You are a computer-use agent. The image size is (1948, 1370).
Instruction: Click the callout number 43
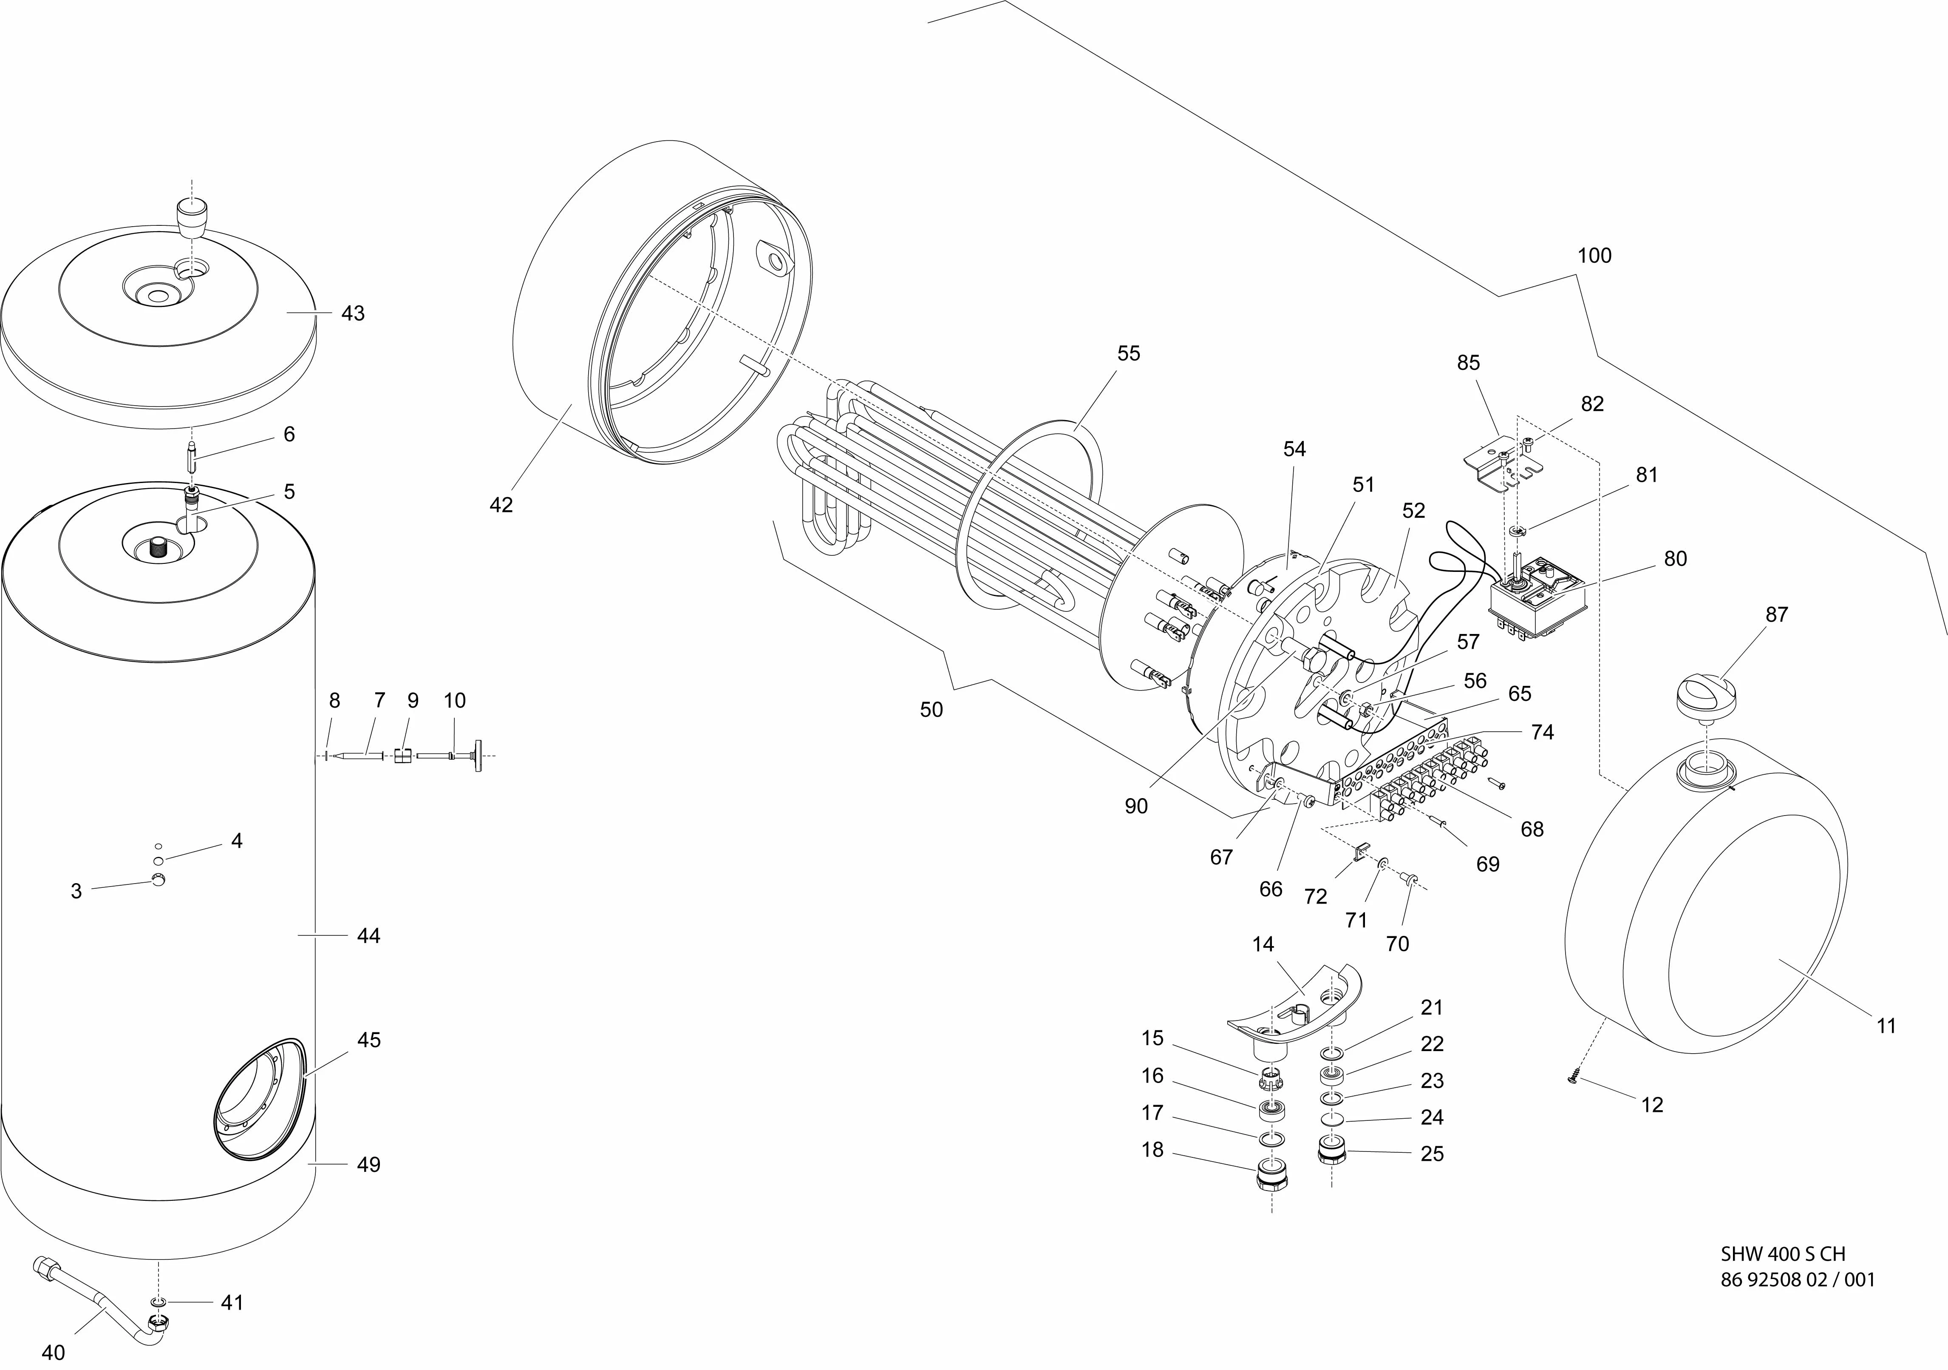[353, 313]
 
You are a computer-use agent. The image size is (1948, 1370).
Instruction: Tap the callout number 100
[1594, 256]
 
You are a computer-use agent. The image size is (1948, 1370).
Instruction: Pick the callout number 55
[1128, 353]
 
